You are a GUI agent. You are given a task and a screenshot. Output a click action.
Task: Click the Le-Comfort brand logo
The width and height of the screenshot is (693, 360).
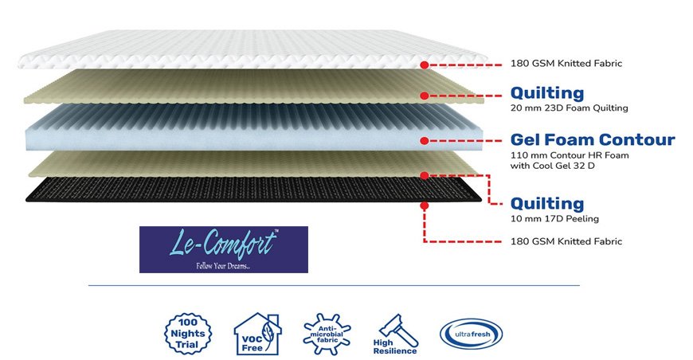click(x=224, y=249)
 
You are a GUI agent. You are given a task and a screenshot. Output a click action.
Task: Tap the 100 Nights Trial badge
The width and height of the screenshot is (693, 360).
click(x=188, y=334)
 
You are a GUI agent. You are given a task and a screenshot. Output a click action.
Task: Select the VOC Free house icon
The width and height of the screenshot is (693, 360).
click(x=257, y=334)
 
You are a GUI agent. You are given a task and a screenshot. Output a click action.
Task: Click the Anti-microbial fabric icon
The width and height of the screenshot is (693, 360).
click(x=327, y=334)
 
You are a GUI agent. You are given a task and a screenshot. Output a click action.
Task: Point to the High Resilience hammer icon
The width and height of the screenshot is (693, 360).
click(x=396, y=335)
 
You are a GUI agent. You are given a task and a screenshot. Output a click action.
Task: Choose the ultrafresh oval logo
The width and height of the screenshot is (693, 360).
click(x=471, y=335)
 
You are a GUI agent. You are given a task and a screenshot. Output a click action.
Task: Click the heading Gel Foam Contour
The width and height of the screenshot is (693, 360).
click(x=593, y=139)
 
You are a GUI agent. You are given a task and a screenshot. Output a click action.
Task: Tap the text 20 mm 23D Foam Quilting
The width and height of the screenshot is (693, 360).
click(x=570, y=108)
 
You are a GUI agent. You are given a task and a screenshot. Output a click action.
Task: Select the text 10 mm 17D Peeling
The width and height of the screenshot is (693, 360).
click(x=554, y=219)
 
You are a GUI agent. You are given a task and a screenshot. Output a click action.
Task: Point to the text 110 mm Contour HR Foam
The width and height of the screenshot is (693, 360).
click(x=570, y=155)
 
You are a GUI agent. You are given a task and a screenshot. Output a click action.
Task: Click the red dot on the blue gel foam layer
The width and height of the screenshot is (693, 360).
click(x=425, y=141)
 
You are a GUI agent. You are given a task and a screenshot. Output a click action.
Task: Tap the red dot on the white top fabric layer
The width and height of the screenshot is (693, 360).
click(x=425, y=65)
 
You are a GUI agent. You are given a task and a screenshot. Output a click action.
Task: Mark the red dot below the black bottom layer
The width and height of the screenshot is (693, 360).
click(x=425, y=205)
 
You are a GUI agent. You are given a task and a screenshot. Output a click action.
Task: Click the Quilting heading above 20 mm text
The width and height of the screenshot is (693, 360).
click(x=547, y=93)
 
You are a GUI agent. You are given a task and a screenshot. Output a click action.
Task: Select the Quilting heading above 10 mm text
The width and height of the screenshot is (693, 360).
click(x=547, y=204)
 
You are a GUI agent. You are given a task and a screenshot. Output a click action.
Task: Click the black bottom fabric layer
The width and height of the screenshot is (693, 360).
click(x=253, y=190)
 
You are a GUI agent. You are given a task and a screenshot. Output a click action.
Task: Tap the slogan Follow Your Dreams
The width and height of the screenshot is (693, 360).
click(x=223, y=266)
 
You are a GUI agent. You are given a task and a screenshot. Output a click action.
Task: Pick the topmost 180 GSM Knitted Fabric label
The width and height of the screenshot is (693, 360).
click(x=566, y=64)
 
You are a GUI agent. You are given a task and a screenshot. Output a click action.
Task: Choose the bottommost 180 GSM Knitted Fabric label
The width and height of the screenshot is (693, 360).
click(x=566, y=241)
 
